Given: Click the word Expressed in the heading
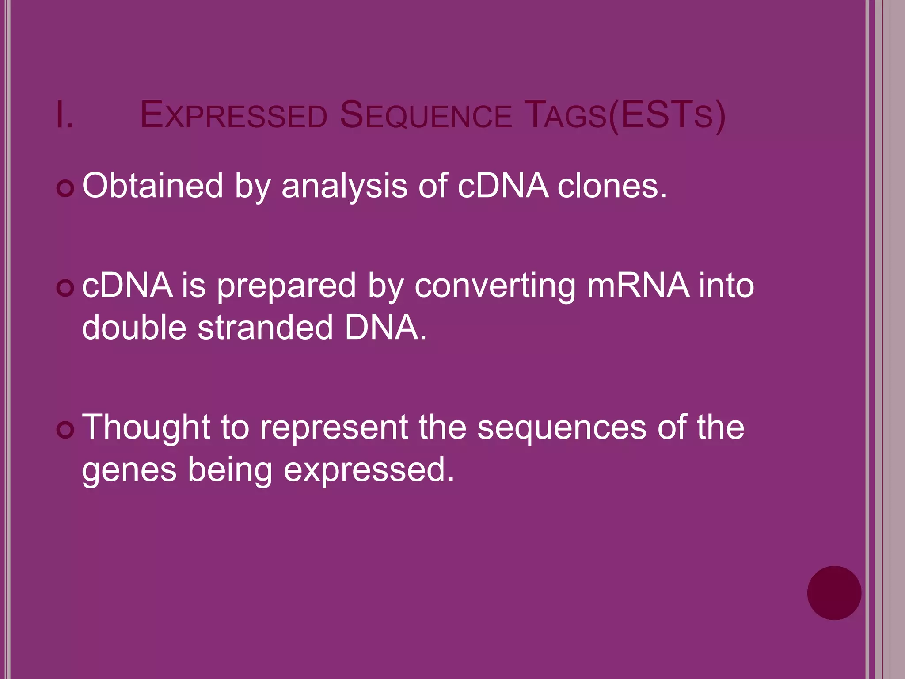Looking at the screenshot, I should (233, 116).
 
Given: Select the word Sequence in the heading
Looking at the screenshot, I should (426, 116).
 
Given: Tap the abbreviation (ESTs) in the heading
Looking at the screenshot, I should (667, 116).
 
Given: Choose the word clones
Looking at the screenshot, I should (612, 186).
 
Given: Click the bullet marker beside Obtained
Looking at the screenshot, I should (65, 189).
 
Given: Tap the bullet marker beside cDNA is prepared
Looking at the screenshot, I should (65, 288).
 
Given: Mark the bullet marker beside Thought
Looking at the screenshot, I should (65, 430).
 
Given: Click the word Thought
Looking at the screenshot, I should (146, 428).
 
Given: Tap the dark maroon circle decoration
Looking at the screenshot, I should (834, 593).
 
